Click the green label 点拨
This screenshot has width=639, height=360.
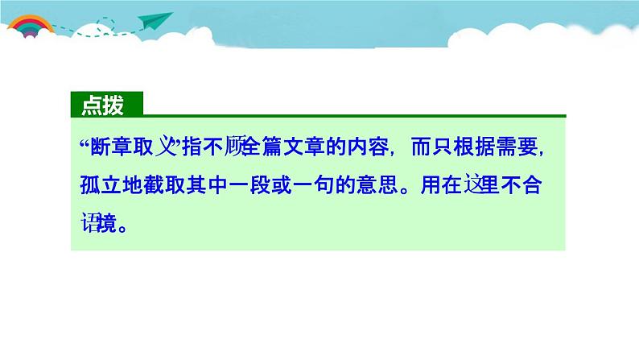coord(106,105)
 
